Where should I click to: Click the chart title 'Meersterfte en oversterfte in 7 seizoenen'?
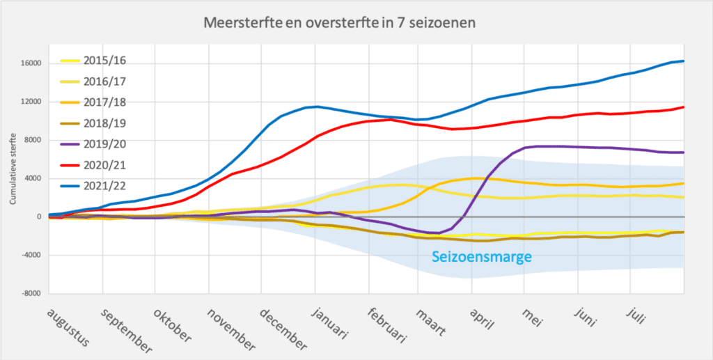(340, 23)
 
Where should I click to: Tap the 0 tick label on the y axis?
(40, 217)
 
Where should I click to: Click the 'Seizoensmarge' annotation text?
(482, 257)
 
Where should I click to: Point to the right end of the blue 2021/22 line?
(683, 61)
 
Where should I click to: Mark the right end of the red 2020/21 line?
(683, 107)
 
